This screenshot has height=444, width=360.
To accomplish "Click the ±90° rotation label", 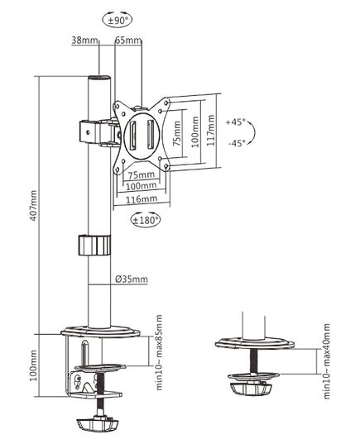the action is (117, 20).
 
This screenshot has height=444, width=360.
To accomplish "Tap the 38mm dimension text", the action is (84, 41).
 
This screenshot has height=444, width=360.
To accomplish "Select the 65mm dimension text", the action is (127, 41).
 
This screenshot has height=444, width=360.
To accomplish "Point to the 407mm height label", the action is (33, 206).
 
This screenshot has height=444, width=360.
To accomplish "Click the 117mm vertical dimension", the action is (210, 131).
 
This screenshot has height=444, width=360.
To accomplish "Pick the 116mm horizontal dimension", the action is (142, 199).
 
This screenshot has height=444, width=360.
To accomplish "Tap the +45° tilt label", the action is (235, 122).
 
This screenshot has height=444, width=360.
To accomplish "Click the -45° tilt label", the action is (236, 143).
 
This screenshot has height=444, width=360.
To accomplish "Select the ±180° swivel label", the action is (146, 220).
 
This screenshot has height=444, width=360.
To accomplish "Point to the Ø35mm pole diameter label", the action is (132, 279).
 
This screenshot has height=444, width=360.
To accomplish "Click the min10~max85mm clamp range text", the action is (159, 352).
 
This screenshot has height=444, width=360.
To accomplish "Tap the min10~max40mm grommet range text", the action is (327, 361).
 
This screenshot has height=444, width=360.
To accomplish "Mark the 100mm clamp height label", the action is (33, 365).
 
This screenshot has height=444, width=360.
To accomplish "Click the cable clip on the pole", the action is (94, 245).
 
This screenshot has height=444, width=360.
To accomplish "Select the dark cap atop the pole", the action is (98, 78).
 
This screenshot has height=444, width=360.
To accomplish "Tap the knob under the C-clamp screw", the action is (97, 423).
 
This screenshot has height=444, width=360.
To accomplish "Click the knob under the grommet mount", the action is (251, 389).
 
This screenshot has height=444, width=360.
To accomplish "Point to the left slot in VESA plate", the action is (132, 136).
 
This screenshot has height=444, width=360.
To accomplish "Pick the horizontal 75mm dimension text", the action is (142, 175).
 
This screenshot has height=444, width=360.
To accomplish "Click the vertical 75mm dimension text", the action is (177, 133).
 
